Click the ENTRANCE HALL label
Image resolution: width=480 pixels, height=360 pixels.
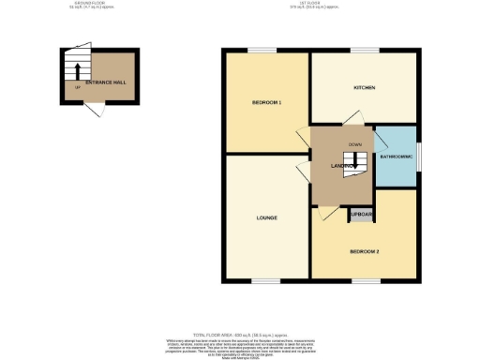tap(106, 83)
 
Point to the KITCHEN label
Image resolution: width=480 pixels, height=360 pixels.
tap(364, 88)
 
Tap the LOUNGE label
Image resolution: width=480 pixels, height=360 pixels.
tap(266, 218)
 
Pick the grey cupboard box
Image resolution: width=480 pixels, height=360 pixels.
tap(361, 215)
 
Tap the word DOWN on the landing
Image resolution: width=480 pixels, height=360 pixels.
tap(354, 144)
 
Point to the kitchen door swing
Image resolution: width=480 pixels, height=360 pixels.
tap(349, 118)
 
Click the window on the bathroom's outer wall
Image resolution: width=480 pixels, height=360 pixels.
tap(419, 155)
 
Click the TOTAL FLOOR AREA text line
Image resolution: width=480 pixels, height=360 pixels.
tap(241, 336)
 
